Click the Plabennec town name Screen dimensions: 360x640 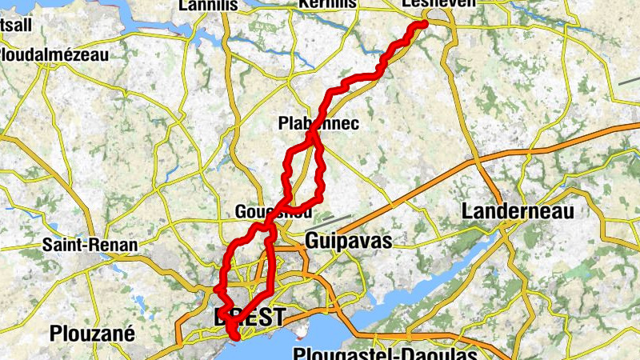pyautogui.click(x=318, y=124)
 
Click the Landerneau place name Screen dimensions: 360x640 pyautogui.click(x=518, y=212)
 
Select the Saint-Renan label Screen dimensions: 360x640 pyautogui.click(x=90, y=245)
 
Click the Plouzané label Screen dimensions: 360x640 pyautogui.click(x=92, y=333)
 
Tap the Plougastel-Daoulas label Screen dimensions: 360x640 pyautogui.click(x=384, y=354)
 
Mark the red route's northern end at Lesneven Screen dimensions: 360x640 pyautogui.click(x=422, y=25)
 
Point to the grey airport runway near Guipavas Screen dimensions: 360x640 pyautogui.click(x=337, y=218)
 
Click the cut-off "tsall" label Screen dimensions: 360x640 pyautogui.click(x=16, y=25)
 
